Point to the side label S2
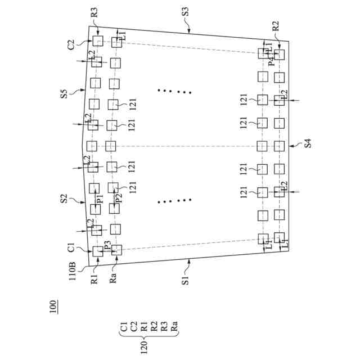pyautogui.click(x=64, y=199)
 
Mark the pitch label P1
pyautogui.click(x=100, y=200)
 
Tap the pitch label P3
pyautogui.click(x=106, y=246)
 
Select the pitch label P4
pyautogui.click(x=271, y=60)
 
